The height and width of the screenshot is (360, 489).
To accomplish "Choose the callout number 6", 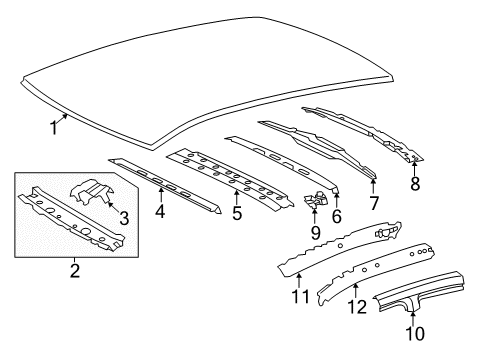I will pyautogui.click(x=336, y=214).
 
